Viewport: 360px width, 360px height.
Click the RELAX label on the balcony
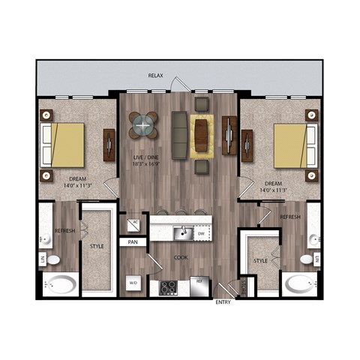point(156,76)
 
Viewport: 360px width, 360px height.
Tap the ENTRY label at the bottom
point(223,302)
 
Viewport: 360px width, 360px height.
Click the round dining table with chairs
point(143,125)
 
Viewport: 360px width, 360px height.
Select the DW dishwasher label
point(200,233)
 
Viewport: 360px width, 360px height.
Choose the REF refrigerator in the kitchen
point(199,285)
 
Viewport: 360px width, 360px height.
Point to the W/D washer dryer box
point(133,283)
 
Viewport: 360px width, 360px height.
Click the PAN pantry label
point(133,242)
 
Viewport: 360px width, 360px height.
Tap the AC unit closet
point(134,223)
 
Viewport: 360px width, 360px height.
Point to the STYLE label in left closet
point(97,245)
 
